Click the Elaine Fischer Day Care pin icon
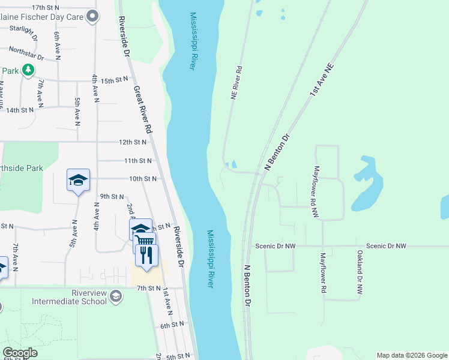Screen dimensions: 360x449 tap(92, 17)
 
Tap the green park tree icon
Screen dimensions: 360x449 tap(28, 71)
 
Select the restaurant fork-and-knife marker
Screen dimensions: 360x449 tap(146, 256)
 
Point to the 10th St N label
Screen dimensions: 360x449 tap(143, 179)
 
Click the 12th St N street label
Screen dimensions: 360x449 tap(133, 142)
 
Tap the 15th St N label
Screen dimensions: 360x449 tap(115, 80)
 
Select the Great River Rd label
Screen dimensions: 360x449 tap(142, 110)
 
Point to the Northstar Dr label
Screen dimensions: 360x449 tap(27, 54)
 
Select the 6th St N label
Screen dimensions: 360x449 tap(172, 325)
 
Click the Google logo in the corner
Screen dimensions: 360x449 tap(20, 353)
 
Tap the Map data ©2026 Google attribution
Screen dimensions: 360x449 tap(411, 355)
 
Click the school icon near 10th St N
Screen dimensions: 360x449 tap(78, 180)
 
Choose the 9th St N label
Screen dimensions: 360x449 tap(112, 196)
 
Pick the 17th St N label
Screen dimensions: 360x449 tap(46, 7)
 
